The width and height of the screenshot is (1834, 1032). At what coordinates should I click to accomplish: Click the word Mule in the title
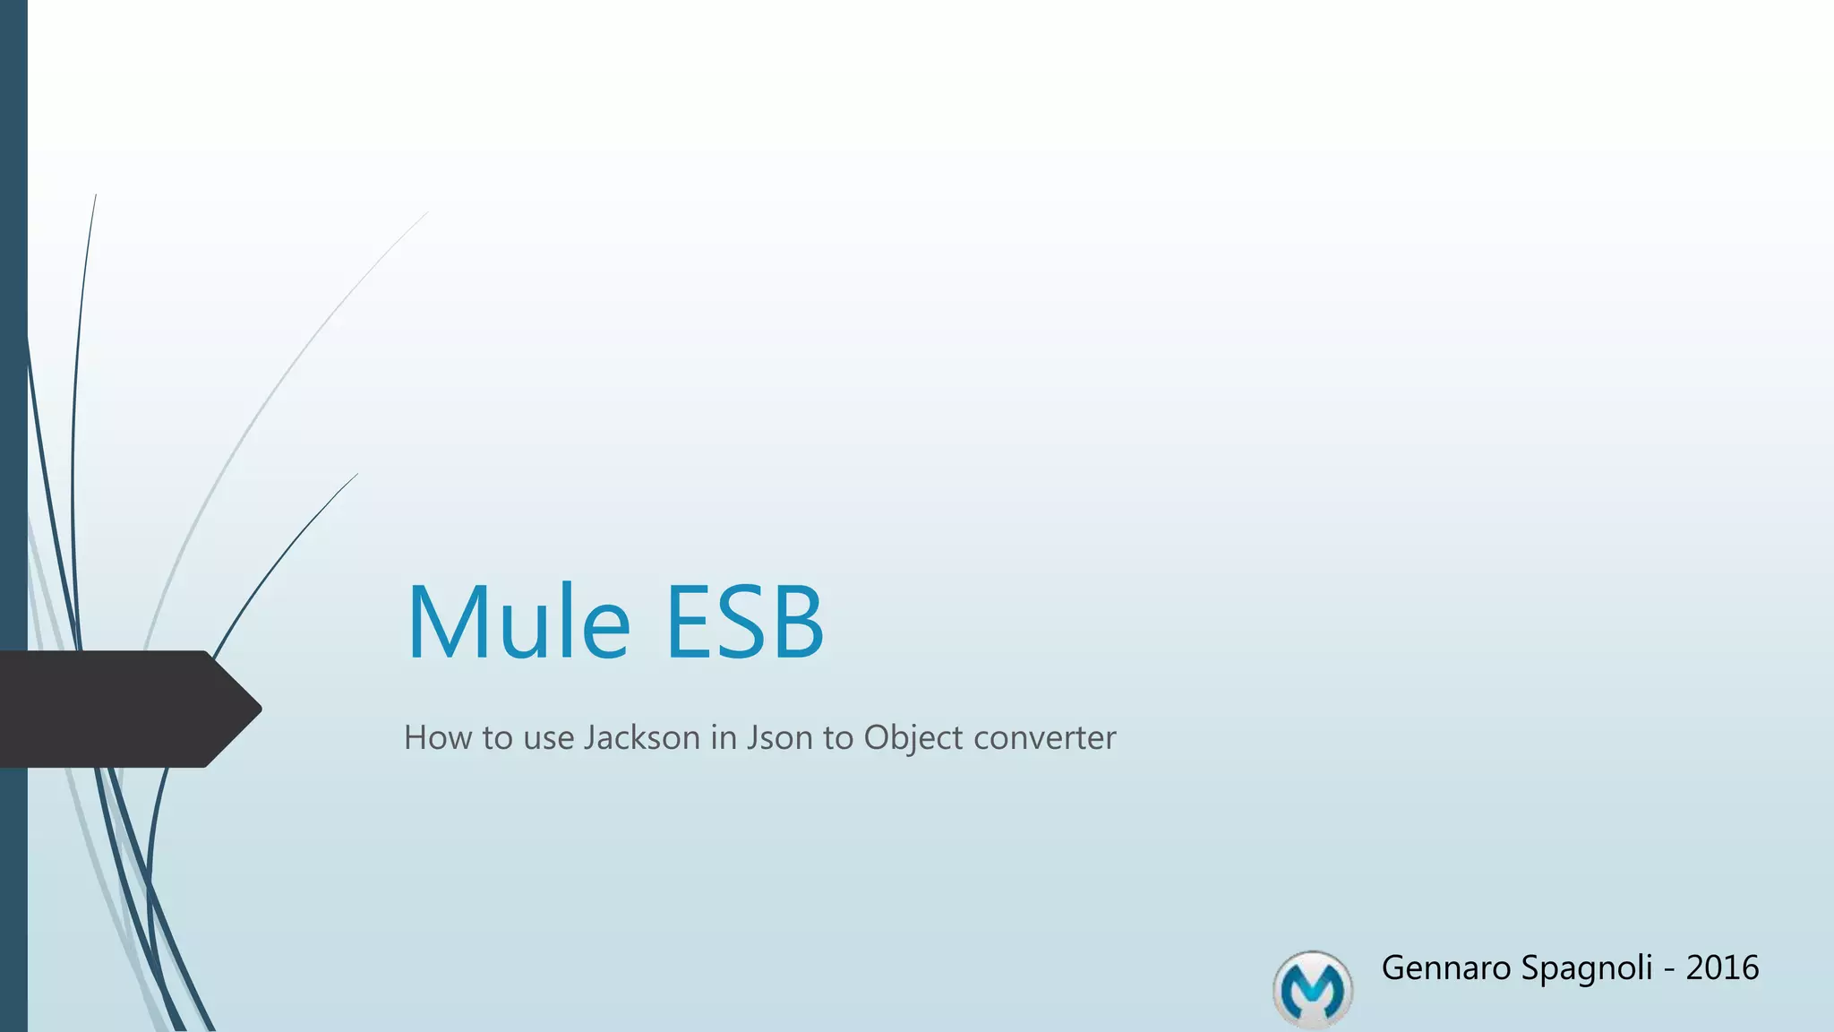pyautogui.click(x=518, y=622)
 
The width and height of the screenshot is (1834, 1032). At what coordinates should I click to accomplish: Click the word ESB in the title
pyautogui.click(x=743, y=622)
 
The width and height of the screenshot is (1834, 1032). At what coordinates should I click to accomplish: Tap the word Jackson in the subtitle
pyautogui.click(x=641, y=738)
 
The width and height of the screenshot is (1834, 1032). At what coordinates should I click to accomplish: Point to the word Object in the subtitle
pyautogui.click(x=913, y=738)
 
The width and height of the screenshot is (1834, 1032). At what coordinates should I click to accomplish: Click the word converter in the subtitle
pyautogui.click(x=1044, y=738)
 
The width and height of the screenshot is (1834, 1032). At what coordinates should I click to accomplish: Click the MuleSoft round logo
pyautogui.click(x=1312, y=989)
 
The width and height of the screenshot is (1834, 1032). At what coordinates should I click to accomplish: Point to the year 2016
pyautogui.click(x=1722, y=968)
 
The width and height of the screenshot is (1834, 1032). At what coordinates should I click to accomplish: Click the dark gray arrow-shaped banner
pyautogui.click(x=116, y=709)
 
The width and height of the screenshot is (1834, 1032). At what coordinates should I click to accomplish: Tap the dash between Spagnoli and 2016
pyautogui.click(x=1669, y=970)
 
